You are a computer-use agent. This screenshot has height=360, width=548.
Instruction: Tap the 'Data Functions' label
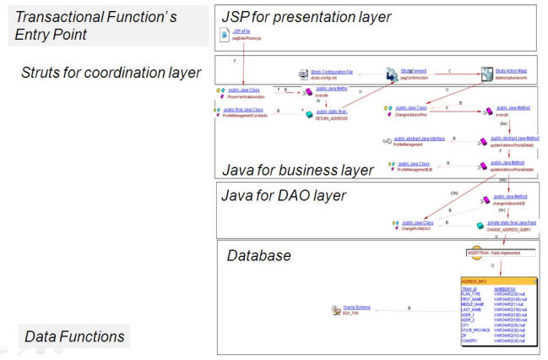pyautogui.click(x=74, y=336)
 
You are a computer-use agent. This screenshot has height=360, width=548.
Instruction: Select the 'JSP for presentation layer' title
pyautogui.click(x=306, y=17)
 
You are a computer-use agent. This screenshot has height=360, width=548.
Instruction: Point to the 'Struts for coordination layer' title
pyautogui.click(x=111, y=72)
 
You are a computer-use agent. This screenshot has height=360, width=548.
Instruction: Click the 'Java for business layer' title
pyautogui.click(x=297, y=170)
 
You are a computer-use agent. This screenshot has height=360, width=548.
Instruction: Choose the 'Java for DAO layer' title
pyautogui.click(x=284, y=195)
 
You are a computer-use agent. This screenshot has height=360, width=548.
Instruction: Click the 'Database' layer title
pyautogui.click(x=258, y=255)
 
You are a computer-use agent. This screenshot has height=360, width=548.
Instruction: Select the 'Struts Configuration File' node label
pyautogui.click(x=332, y=73)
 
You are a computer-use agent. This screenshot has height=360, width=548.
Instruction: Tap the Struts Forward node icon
pyautogui.click(x=392, y=75)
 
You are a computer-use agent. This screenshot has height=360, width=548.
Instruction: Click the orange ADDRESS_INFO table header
pyautogui.click(x=498, y=281)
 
